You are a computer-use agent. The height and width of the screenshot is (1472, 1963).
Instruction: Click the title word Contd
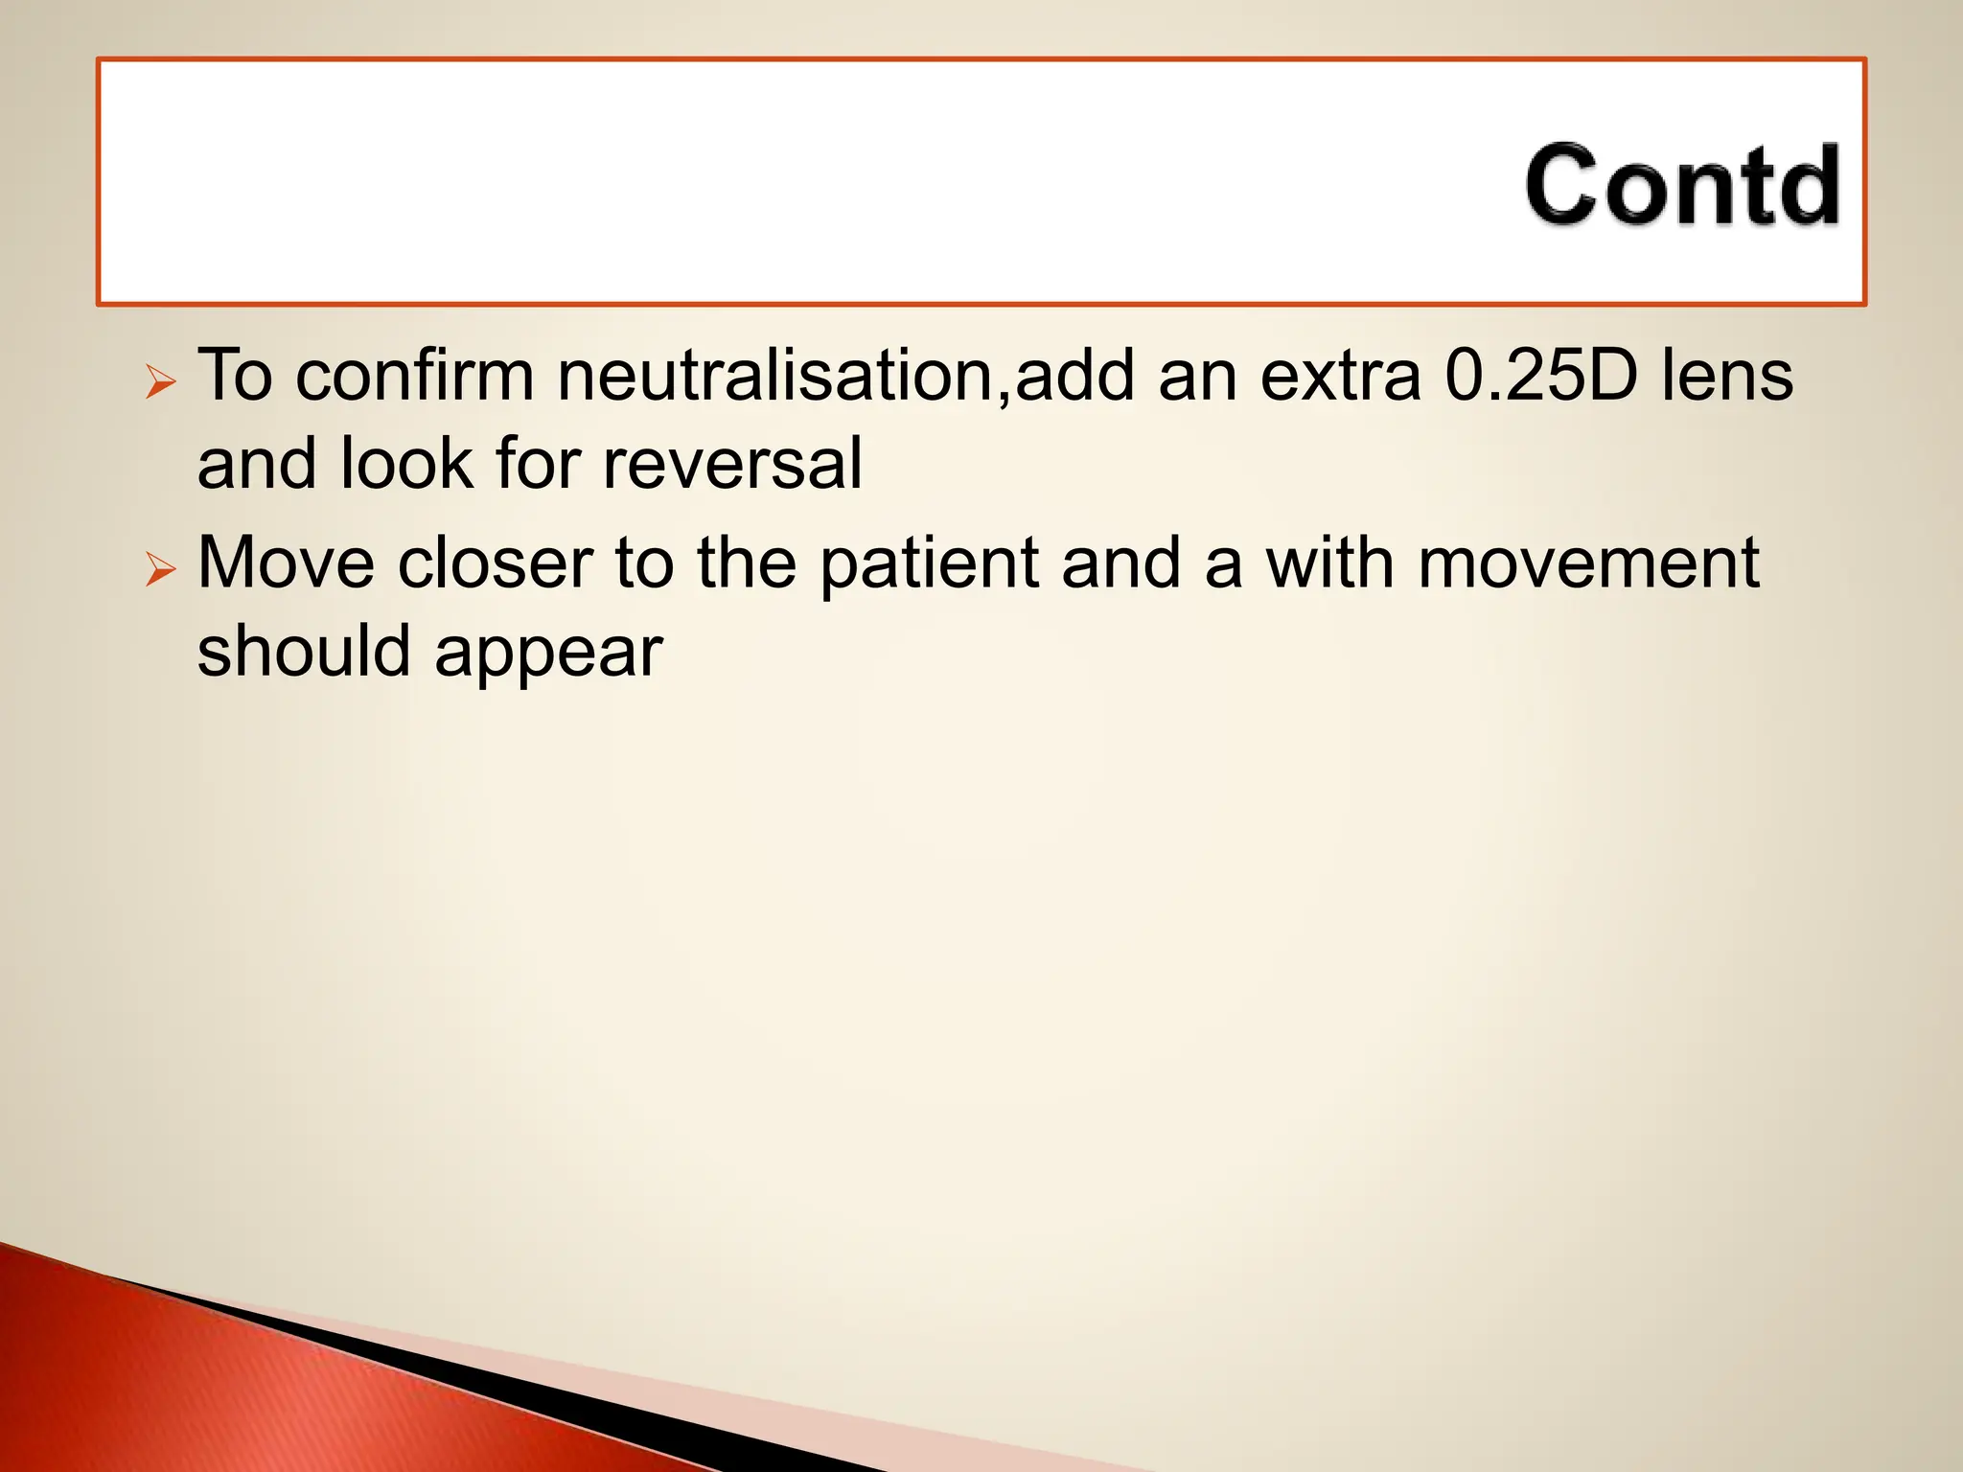coord(1682,186)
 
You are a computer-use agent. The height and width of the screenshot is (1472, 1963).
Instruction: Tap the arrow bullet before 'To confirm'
coord(161,382)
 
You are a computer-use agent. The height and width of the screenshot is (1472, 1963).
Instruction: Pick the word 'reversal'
coord(732,464)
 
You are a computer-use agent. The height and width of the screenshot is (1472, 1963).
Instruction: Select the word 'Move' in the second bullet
coord(286,563)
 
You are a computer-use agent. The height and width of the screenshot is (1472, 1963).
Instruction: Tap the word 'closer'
coord(495,563)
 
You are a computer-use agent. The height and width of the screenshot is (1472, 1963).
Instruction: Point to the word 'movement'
coord(1588,563)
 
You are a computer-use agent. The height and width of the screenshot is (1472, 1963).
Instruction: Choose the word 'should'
coord(304,652)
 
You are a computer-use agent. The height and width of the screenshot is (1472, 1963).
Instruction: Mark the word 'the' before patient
coord(747,563)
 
